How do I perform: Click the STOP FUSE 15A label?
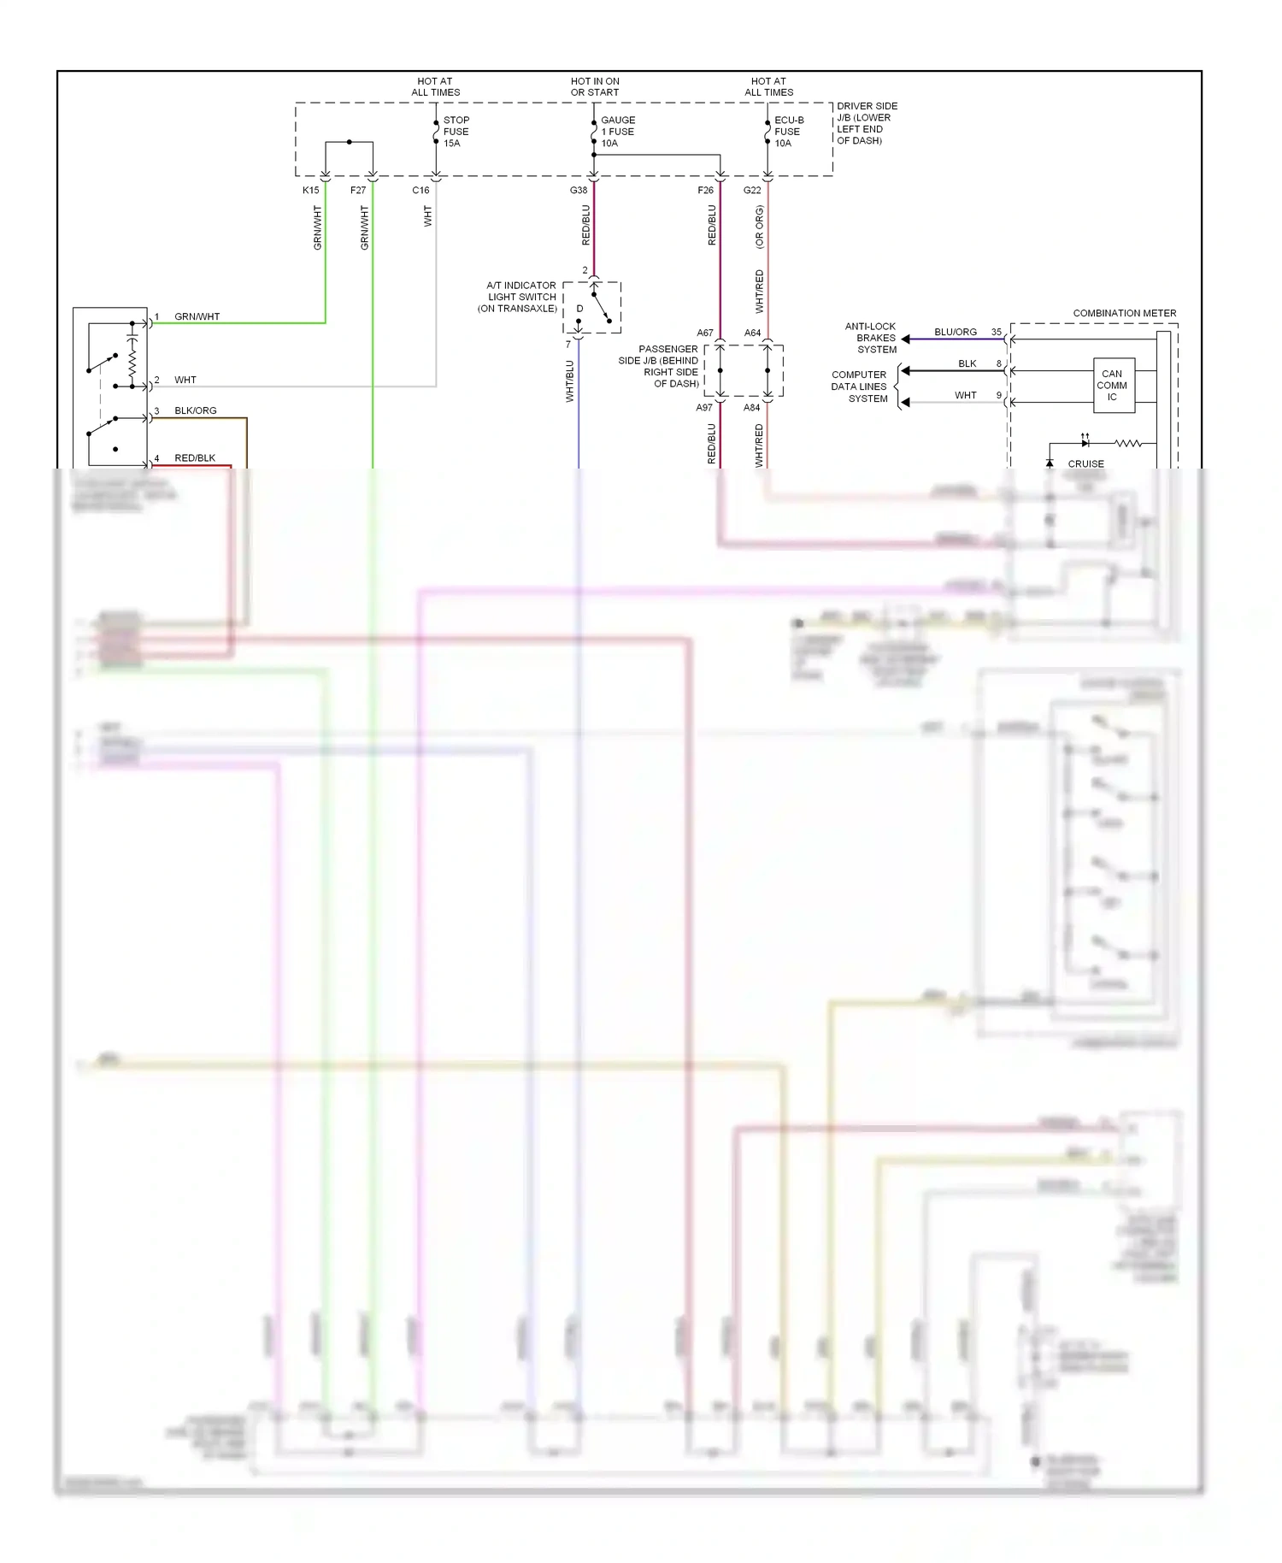[x=456, y=132]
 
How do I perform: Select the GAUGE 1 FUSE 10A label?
[x=617, y=132]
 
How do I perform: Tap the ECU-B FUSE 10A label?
[x=788, y=132]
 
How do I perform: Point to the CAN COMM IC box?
[x=1112, y=386]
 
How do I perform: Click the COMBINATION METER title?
[x=1124, y=314]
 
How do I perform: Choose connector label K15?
[x=310, y=191]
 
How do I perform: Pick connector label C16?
[x=420, y=191]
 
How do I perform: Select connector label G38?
[x=579, y=191]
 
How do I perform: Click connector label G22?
[x=752, y=191]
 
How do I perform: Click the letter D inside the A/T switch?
[x=579, y=309]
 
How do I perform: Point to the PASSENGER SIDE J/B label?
[x=659, y=366]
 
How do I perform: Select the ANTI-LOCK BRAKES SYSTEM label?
[x=871, y=338]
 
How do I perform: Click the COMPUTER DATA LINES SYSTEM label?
[x=859, y=386]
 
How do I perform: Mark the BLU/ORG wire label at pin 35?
[x=955, y=332]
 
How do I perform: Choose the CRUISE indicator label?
[x=1085, y=463]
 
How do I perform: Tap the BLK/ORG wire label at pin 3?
[x=195, y=410]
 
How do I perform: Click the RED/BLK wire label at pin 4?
[x=195, y=458]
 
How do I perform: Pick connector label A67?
[x=704, y=333]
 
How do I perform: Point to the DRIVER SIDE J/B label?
[x=866, y=123]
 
